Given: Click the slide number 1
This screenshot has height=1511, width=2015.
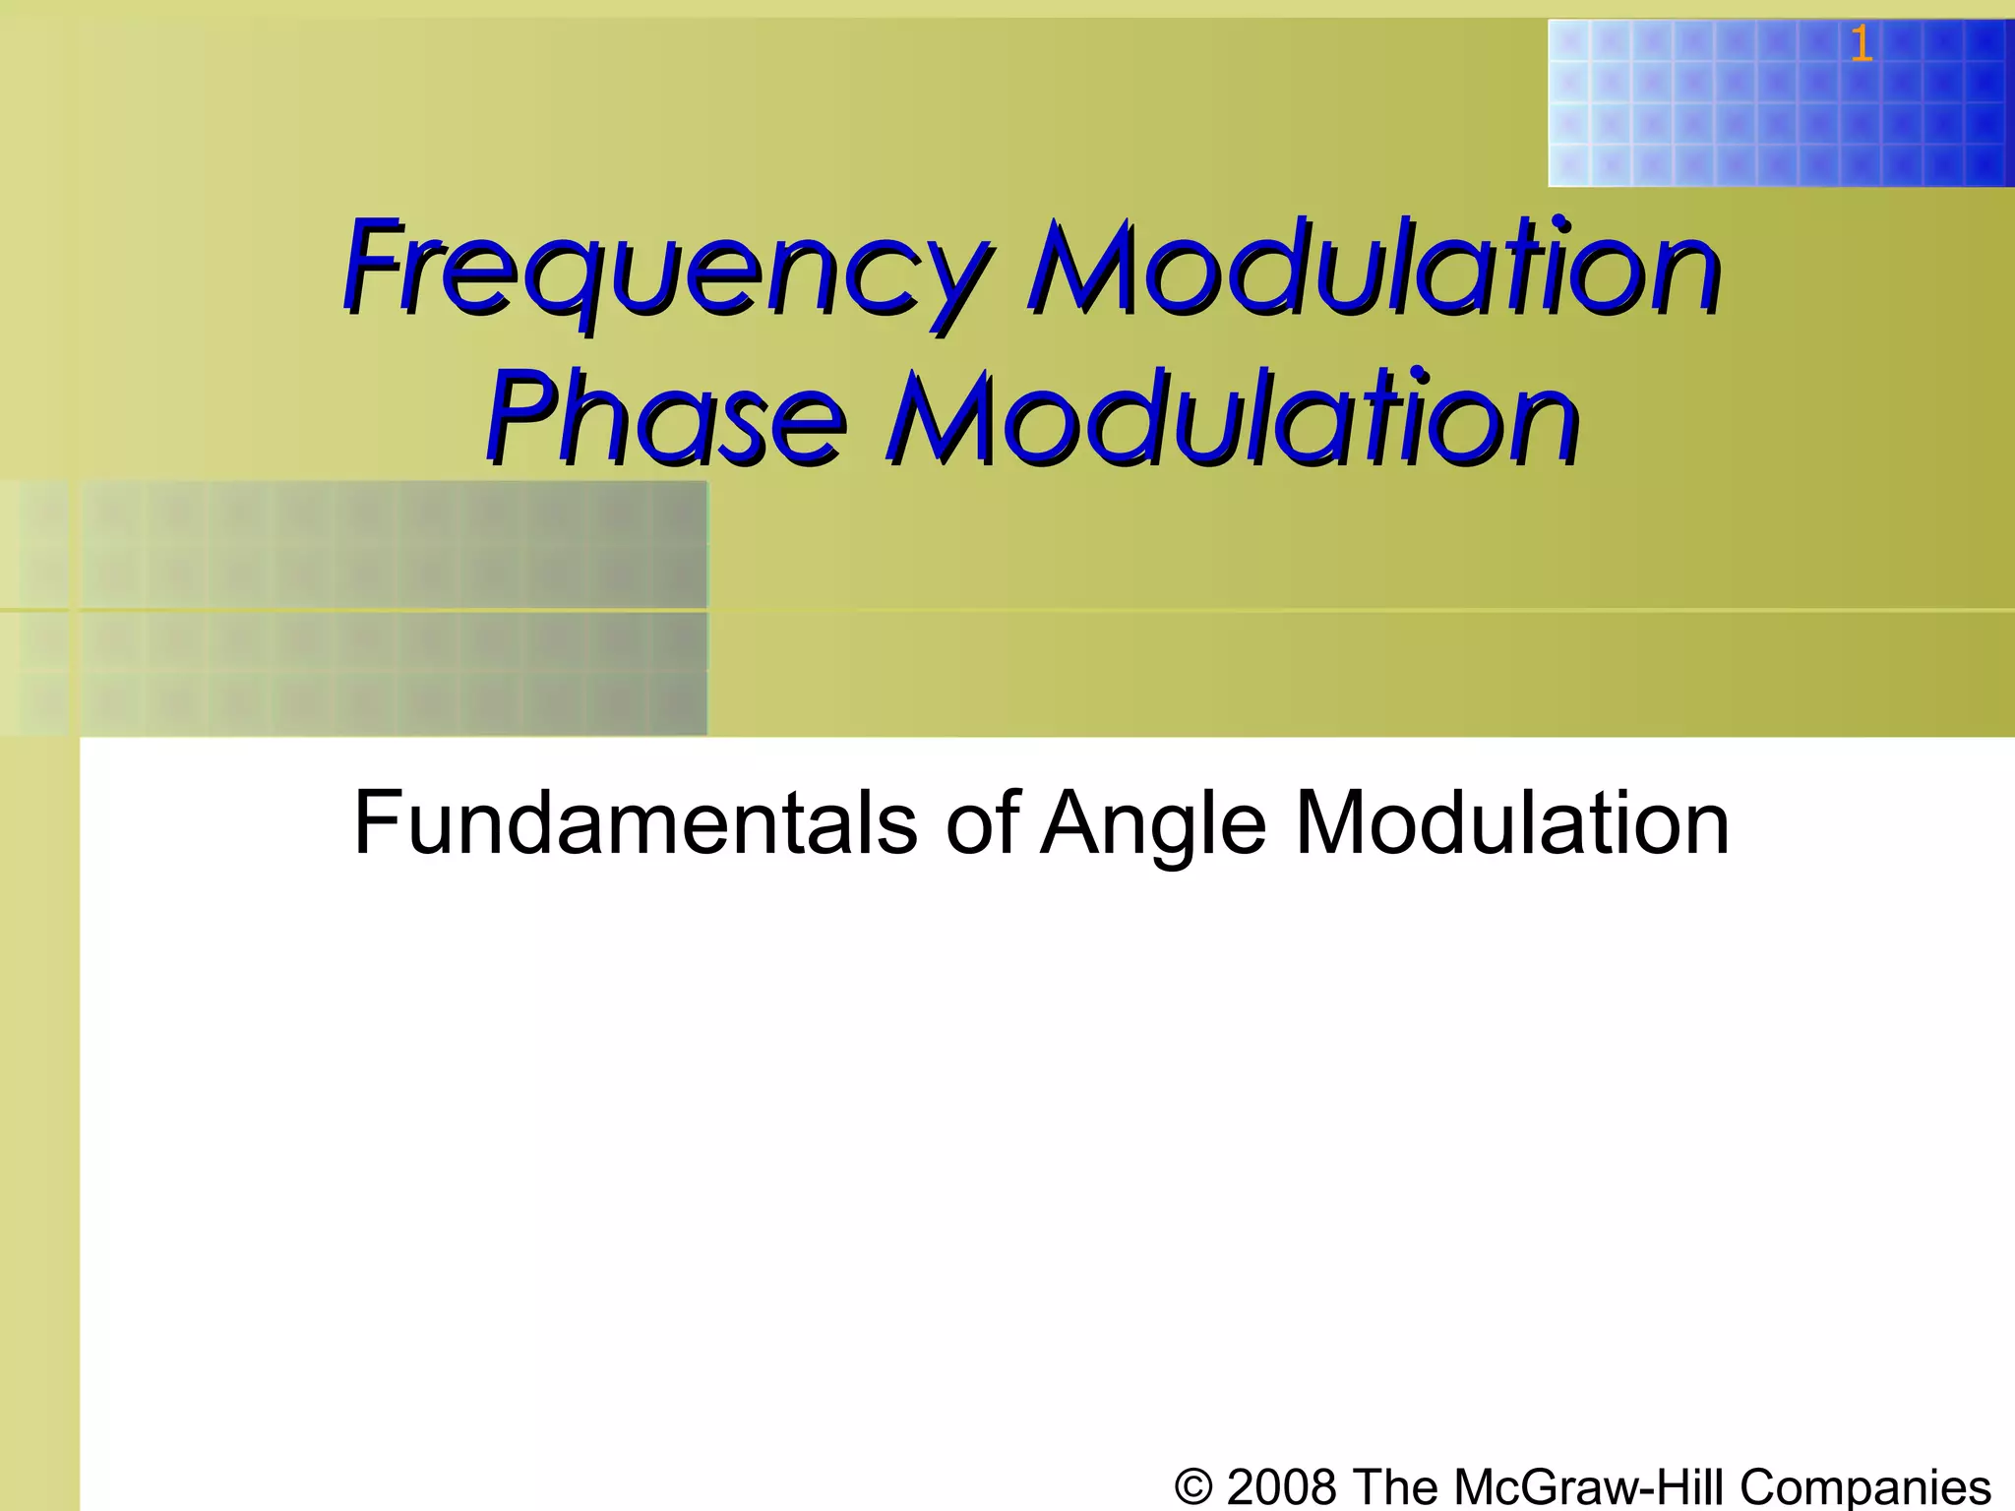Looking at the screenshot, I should [1861, 44].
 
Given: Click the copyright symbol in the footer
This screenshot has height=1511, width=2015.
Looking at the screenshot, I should [1193, 1485].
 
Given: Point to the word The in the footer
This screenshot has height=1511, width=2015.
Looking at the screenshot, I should [1393, 1485].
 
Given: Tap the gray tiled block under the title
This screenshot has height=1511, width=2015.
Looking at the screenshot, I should [394, 608].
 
